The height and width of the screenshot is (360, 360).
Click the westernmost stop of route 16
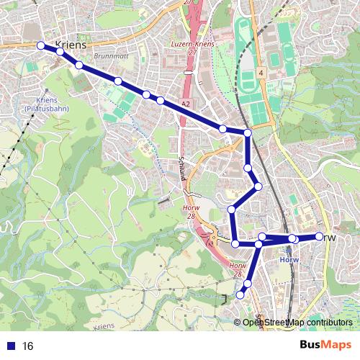click(x=40, y=45)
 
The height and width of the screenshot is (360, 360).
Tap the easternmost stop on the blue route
click(x=320, y=236)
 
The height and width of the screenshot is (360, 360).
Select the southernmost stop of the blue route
click(x=241, y=294)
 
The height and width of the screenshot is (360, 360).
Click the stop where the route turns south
click(x=248, y=132)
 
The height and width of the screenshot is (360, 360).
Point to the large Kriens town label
click(x=70, y=44)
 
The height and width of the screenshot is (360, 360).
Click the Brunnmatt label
click(x=110, y=55)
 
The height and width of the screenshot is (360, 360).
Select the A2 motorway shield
click(x=186, y=104)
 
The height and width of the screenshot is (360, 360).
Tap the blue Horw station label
click(x=289, y=260)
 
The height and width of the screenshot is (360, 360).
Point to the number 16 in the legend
click(x=28, y=346)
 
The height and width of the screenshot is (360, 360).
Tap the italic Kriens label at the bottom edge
click(x=103, y=326)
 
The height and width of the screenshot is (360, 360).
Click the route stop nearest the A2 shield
click(x=160, y=100)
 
